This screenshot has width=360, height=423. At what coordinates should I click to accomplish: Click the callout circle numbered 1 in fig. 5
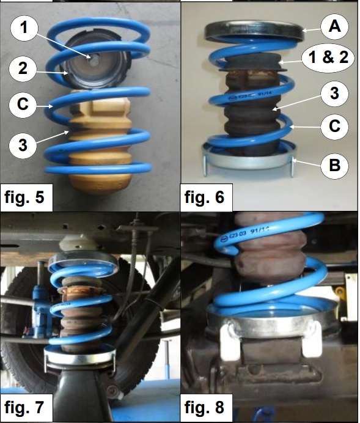[x=24, y=28]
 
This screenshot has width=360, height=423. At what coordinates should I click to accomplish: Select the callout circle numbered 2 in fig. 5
[x=23, y=68]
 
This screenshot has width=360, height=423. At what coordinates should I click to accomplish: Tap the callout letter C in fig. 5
[x=23, y=104]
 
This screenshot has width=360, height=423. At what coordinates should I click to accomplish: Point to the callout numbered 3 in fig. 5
[x=23, y=145]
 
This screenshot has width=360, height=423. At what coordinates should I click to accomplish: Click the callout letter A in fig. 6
[x=334, y=27]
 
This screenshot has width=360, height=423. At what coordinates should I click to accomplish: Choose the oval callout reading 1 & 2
[x=328, y=57]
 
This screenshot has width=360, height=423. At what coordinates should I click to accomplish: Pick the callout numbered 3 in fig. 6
[x=334, y=94]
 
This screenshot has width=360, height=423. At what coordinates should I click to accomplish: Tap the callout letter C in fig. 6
[x=334, y=126]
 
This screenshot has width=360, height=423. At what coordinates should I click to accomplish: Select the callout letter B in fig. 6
[x=334, y=165]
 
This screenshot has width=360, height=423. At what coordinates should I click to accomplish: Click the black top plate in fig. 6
[x=254, y=30]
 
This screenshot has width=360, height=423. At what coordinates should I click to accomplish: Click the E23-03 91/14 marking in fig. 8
[x=246, y=234]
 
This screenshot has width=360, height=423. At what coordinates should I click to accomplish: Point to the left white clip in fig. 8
[x=229, y=342]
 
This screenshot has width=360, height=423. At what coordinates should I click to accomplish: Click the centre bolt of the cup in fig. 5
[x=94, y=61]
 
